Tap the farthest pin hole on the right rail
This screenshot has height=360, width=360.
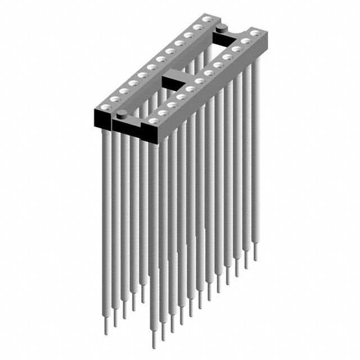pyautogui.click(x=255, y=33)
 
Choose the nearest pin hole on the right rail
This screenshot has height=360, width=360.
pyautogui.click(x=153, y=120)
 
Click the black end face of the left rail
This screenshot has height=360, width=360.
pyautogui.click(x=102, y=118)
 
